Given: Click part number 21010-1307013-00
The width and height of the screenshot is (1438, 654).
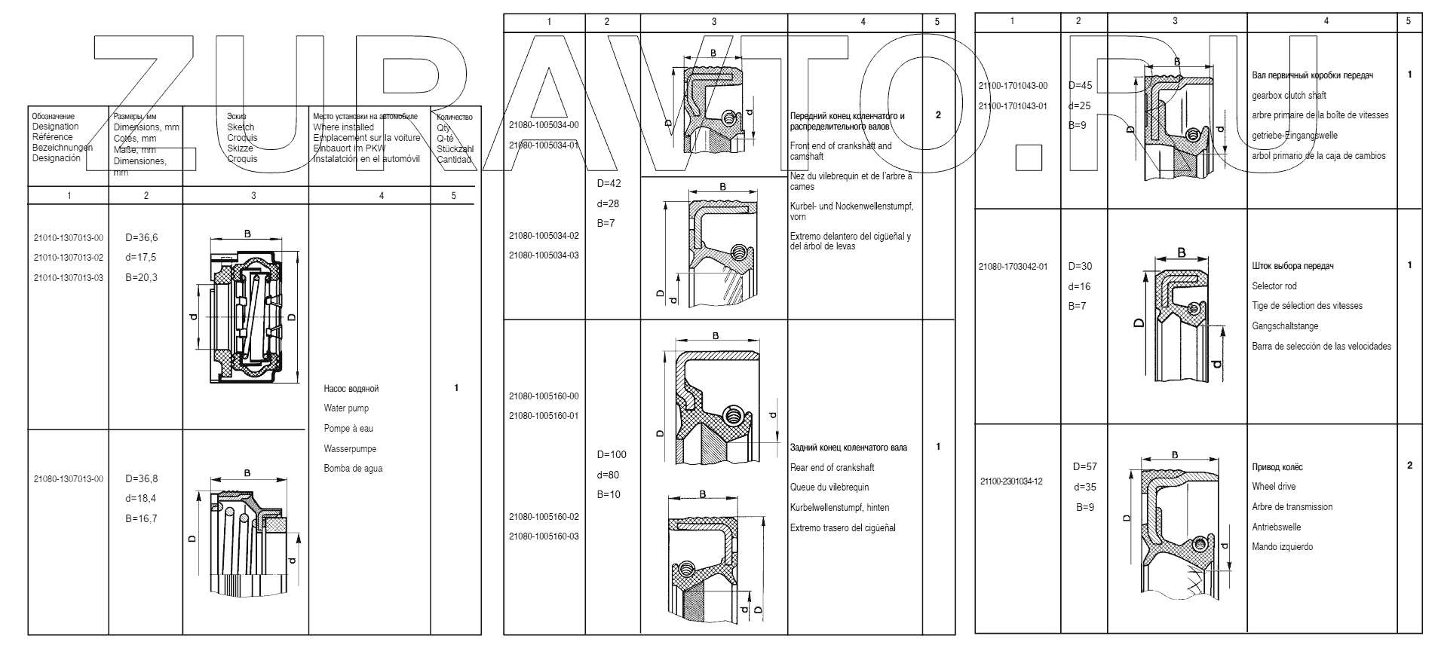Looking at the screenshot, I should coord(69,238).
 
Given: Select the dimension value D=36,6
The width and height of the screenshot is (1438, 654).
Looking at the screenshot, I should coord(142,238).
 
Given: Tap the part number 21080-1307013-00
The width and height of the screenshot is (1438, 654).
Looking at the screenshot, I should coord(69,479).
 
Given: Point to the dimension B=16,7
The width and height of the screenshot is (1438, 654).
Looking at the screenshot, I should coord(142,518).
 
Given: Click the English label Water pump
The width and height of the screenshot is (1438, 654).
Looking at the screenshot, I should coord(346,408).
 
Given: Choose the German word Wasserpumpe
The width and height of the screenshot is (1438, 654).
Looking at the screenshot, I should coord(350,449).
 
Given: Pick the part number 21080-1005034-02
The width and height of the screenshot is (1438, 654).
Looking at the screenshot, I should coord(544,236).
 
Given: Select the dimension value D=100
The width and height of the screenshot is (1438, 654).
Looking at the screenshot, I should coord(612,454).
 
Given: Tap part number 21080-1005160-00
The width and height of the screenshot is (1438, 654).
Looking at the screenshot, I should coord(544,396).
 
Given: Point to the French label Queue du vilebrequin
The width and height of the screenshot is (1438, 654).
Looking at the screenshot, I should coord(829,487).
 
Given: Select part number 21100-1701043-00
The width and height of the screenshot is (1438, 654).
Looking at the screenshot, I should coord(1012,87).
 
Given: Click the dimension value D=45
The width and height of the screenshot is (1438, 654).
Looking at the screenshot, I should coord(1081,86).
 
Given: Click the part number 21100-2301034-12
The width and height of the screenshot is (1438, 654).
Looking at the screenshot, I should coord(1011,481).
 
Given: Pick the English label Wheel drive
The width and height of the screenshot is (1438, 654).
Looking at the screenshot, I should coord(1274,487).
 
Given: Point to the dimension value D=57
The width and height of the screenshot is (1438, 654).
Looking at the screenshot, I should coord(1084,467).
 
